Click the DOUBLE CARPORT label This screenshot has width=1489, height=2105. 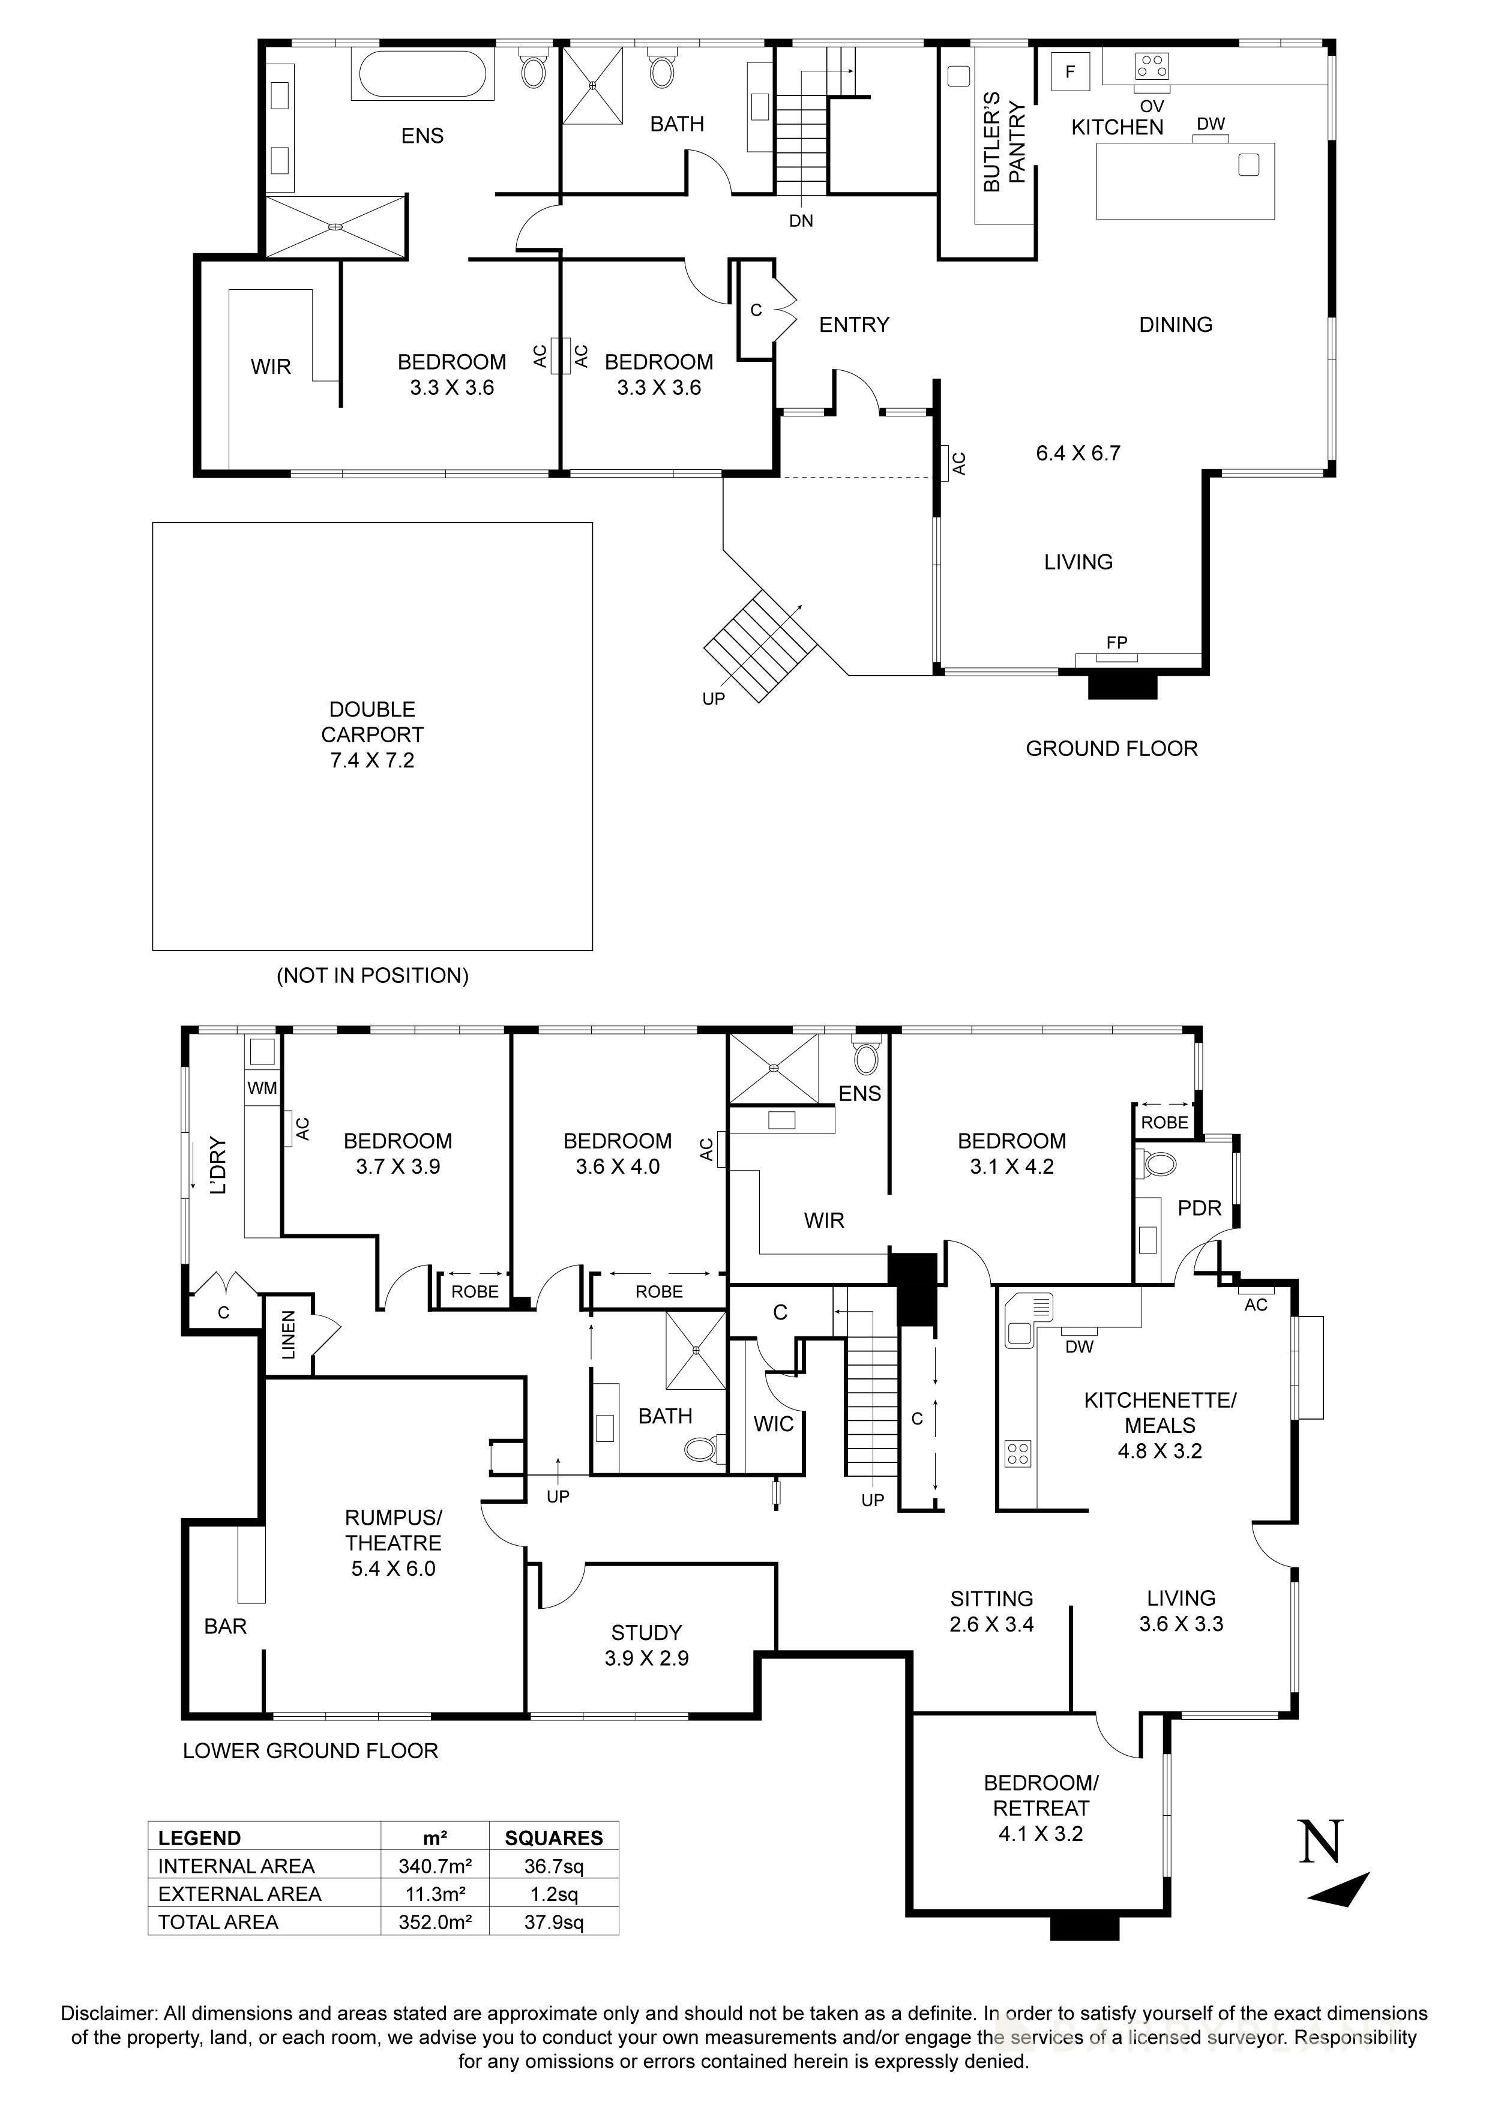372,734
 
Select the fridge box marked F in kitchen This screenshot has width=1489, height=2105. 1070,71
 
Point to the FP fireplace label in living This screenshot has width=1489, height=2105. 1116,643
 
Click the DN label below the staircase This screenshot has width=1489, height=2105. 801,221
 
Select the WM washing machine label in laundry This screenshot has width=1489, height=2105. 262,1089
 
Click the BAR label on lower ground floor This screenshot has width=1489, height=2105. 226,1626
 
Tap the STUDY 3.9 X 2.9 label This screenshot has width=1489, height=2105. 646,1645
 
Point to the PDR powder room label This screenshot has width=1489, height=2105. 1199,1209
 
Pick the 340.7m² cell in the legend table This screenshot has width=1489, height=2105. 435,1866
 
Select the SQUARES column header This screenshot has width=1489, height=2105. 554,1838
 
